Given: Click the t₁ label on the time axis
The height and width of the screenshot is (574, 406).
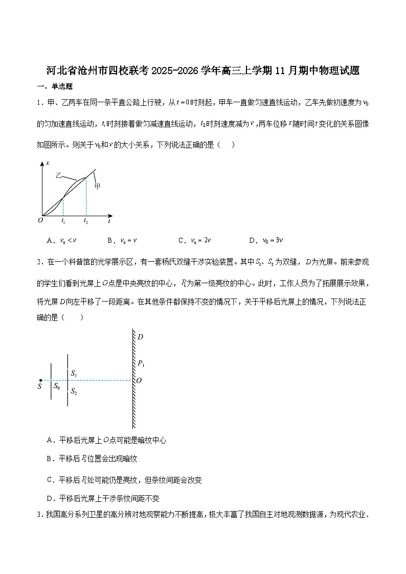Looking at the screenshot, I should (x=63, y=221).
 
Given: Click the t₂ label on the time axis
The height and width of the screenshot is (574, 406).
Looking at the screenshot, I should (x=86, y=221).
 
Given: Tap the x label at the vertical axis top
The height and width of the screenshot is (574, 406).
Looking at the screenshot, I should (x=47, y=163).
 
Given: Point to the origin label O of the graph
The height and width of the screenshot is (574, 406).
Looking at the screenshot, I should (x=40, y=220).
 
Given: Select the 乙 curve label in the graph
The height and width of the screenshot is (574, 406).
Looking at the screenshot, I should (x=58, y=175).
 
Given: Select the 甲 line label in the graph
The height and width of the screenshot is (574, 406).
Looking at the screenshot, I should (x=97, y=186).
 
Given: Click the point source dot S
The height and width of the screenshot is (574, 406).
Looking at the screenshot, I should (x=40, y=381).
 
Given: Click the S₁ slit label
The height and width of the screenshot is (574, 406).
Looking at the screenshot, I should (x=74, y=374).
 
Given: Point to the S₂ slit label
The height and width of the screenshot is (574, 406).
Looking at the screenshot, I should (x=74, y=392).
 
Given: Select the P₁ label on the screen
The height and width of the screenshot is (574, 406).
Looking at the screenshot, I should (x=141, y=363).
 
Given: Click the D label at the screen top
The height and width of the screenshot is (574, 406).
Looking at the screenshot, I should (x=140, y=337).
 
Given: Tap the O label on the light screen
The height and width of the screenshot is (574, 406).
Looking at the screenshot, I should (x=139, y=381).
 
